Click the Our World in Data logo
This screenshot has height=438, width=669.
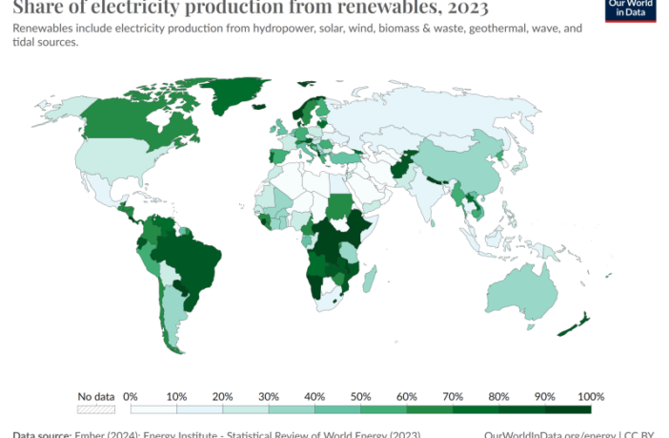coord(630,10)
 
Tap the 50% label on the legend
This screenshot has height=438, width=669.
coord(361,396)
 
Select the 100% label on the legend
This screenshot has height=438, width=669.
coord(591,396)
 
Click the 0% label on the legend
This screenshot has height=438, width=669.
coord(132,396)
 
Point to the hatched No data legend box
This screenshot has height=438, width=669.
coord(96,409)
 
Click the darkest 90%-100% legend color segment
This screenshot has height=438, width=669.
coord(568,409)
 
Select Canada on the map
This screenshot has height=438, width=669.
coord(124,124)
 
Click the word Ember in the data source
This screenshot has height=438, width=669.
coord(90,434)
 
